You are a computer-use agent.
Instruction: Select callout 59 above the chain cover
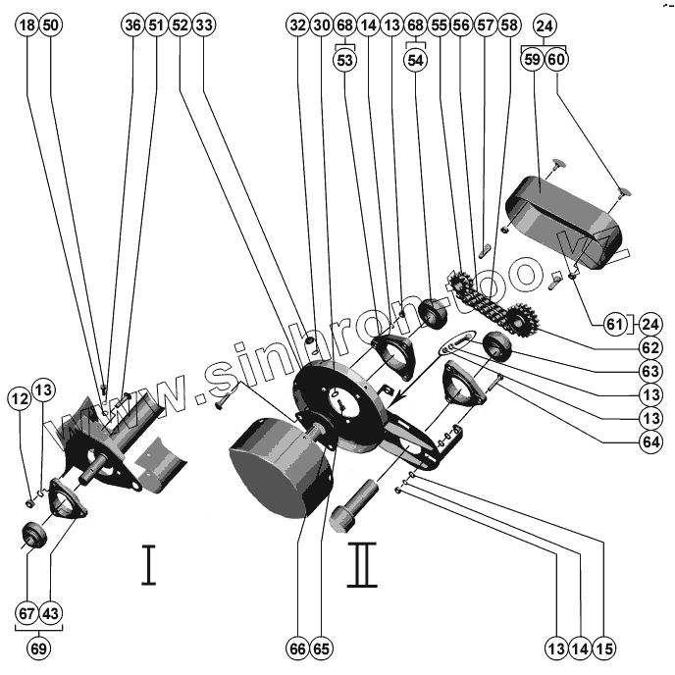[533, 58]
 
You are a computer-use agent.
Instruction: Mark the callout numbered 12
[21, 398]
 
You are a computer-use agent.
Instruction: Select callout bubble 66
[297, 649]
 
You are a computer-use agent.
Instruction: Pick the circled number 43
[50, 613]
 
